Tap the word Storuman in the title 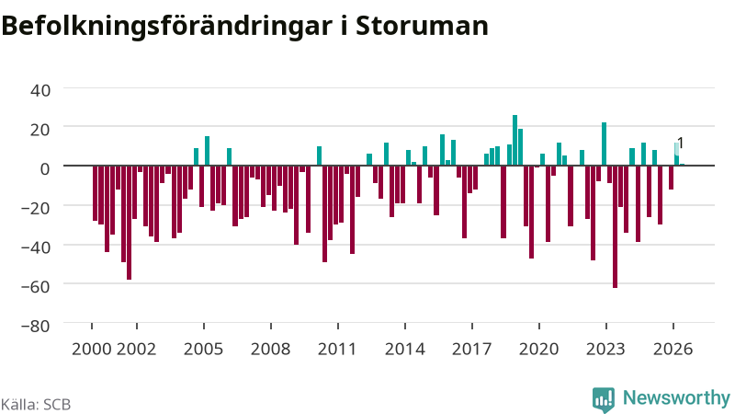[422, 26]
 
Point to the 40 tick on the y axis [40, 90]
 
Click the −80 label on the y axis [36, 326]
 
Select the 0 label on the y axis [45, 168]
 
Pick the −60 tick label [36, 286]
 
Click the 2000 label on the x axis [91, 349]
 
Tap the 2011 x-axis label [337, 349]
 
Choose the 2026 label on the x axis [673, 349]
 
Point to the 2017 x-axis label [471, 349]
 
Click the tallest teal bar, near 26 [514, 141]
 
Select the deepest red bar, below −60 [615, 226]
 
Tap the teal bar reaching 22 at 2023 [604, 144]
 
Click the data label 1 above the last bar [681, 144]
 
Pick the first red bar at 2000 [96, 193]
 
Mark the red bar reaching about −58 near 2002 [129, 223]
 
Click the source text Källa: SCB [36, 404]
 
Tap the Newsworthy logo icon [604, 399]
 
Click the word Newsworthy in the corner [676, 397]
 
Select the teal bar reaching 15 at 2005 [208, 151]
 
